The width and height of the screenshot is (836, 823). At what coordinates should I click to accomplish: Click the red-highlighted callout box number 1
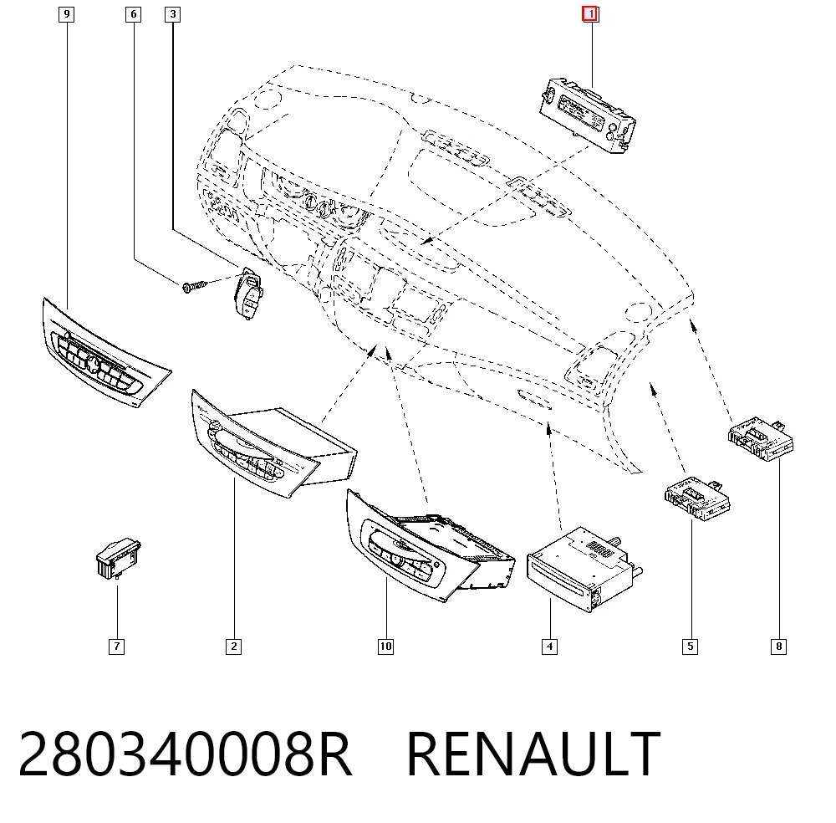pyautogui.click(x=590, y=14)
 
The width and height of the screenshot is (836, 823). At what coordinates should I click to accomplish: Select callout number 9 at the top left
pyautogui.click(x=66, y=14)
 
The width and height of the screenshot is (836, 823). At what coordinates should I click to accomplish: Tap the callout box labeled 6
pyautogui.click(x=133, y=14)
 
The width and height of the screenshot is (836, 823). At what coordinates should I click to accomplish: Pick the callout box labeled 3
pyautogui.click(x=172, y=14)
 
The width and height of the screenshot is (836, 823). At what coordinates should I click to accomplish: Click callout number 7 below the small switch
pyautogui.click(x=116, y=647)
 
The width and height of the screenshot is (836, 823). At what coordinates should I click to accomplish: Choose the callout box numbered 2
pyautogui.click(x=233, y=647)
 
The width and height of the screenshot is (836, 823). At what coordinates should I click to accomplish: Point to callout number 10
pyautogui.click(x=385, y=647)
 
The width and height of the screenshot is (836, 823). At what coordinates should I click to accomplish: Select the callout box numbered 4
pyautogui.click(x=550, y=647)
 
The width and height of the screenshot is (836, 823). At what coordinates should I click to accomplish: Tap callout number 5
pyautogui.click(x=690, y=647)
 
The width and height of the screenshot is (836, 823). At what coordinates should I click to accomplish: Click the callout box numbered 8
pyautogui.click(x=778, y=647)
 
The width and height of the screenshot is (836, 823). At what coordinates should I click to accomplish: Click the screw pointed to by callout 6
pyautogui.click(x=195, y=286)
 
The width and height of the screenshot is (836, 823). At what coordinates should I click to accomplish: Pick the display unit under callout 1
pyautogui.click(x=588, y=115)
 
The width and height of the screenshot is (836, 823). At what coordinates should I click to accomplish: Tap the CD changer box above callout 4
pyautogui.click(x=584, y=569)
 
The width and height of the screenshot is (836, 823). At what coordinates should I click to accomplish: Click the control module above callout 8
pyautogui.click(x=761, y=438)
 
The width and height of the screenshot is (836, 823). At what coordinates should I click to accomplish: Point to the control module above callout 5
pyautogui.click(x=697, y=498)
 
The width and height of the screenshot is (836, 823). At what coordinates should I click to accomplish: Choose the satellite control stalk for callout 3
pyautogui.click(x=248, y=293)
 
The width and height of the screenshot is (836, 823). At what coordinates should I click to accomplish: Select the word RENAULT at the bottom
pyautogui.click(x=533, y=754)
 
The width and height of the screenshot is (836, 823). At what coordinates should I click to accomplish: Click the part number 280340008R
pyautogui.click(x=185, y=754)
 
